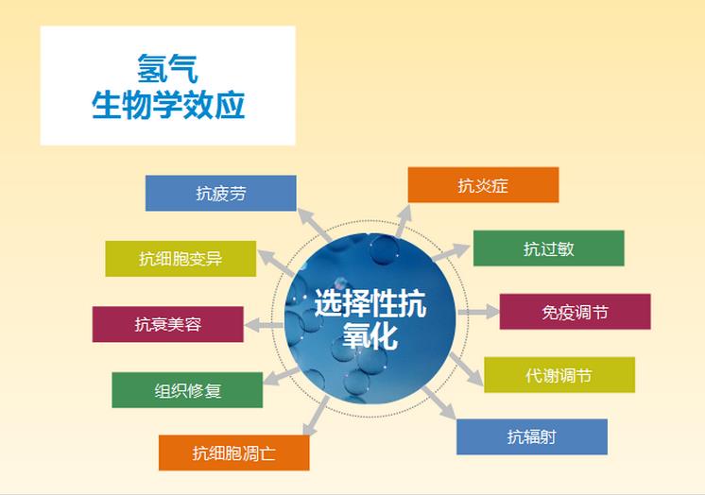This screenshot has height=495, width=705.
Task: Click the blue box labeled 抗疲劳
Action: (x=221, y=194)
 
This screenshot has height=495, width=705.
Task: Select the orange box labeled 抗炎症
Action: (x=483, y=185)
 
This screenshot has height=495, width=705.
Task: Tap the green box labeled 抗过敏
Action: (x=548, y=248)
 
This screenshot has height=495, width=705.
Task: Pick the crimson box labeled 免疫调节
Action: (x=576, y=312)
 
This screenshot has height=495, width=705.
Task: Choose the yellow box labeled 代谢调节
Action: (x=559, y=375)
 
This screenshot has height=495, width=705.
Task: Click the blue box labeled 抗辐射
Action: (x=532, y=437)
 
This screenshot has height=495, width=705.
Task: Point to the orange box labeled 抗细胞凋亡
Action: (x=233, y=452)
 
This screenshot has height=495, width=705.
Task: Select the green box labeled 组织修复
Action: (x=187, y=390)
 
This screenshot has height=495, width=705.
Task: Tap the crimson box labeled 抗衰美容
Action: (x=167, y=324)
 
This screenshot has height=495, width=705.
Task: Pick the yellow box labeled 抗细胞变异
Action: (x=181, y=259)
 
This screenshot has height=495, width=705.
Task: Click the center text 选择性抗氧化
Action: (x=370, y=318)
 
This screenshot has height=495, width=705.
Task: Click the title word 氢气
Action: (x=167, y=68)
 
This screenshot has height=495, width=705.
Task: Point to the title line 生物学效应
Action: (x=168, y=105)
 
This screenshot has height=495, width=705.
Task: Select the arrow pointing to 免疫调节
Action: (x=479, y=312)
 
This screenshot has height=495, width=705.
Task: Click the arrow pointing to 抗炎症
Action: (x=404, y=221)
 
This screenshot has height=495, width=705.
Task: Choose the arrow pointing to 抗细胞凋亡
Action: (x=316, y=417)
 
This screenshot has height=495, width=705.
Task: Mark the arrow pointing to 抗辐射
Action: (x=439, y=403)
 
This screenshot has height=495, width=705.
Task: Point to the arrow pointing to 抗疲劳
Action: (x=315, y=224)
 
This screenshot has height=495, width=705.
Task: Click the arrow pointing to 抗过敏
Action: (x=451, y=252)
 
